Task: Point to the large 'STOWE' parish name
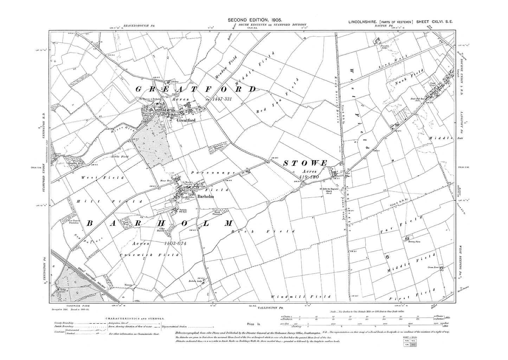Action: click(305, 163)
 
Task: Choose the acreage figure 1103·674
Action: click(177, 243)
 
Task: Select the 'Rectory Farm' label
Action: click(410, 242)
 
